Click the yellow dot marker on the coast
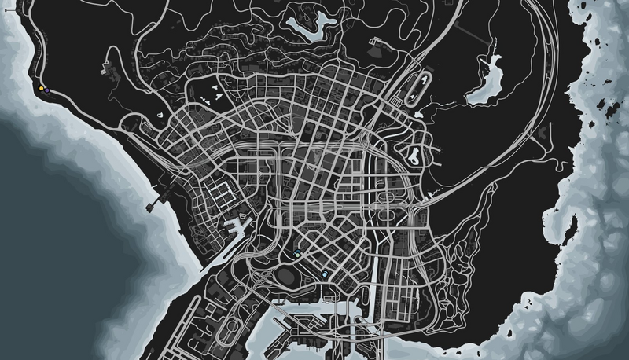(x=41, y=88)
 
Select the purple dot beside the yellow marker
(x=48, y=91)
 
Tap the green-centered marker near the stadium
(x=298, y=252)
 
